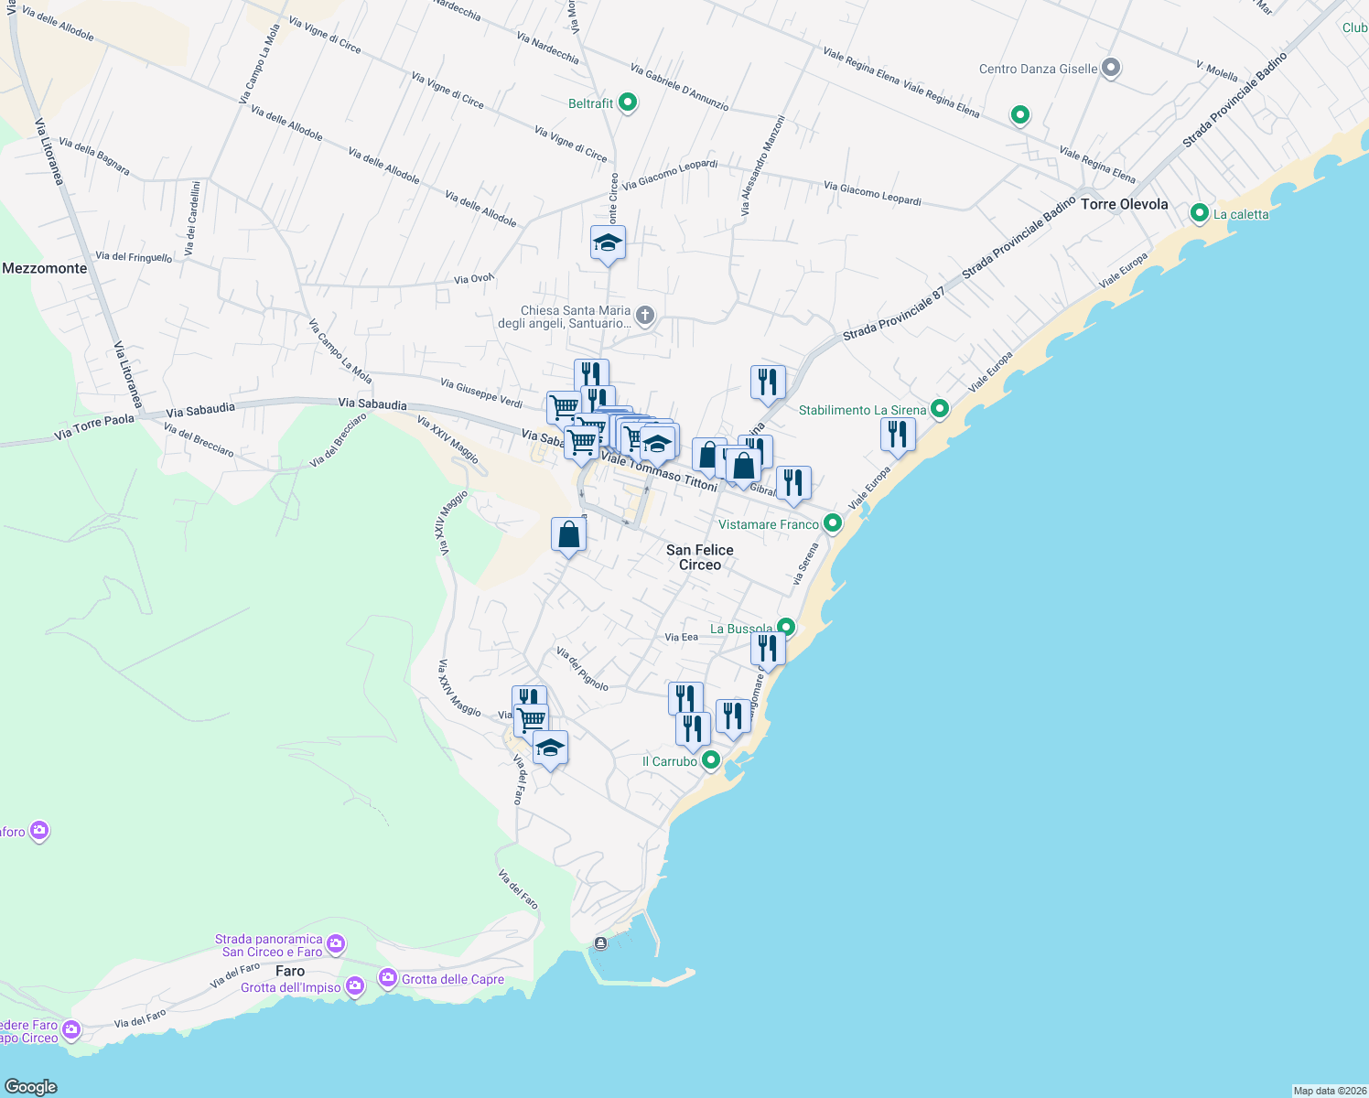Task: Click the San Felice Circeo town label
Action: point(700,557)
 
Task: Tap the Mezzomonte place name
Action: point(45,268)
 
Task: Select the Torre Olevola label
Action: point(1124,204)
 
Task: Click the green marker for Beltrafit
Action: point(628,102)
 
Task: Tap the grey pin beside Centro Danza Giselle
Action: point(1111,68)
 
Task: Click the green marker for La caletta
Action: point(1200,213)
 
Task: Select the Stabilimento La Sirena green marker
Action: point(939,409)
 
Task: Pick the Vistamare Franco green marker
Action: point(833,523)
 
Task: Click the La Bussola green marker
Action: point(785,628)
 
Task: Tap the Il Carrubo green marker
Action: point(710,760)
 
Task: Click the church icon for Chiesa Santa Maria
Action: point(645,317)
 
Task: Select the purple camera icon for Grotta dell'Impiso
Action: point(355,986)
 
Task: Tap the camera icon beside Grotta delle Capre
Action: point(388,979)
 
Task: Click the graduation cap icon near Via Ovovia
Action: point(608,243)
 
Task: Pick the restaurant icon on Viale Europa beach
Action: point(898,435)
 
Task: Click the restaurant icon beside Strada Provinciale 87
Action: point(768,382)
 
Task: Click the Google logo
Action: point(31,1086)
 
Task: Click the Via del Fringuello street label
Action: point(134,257)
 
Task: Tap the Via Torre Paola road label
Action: point(94,426)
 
